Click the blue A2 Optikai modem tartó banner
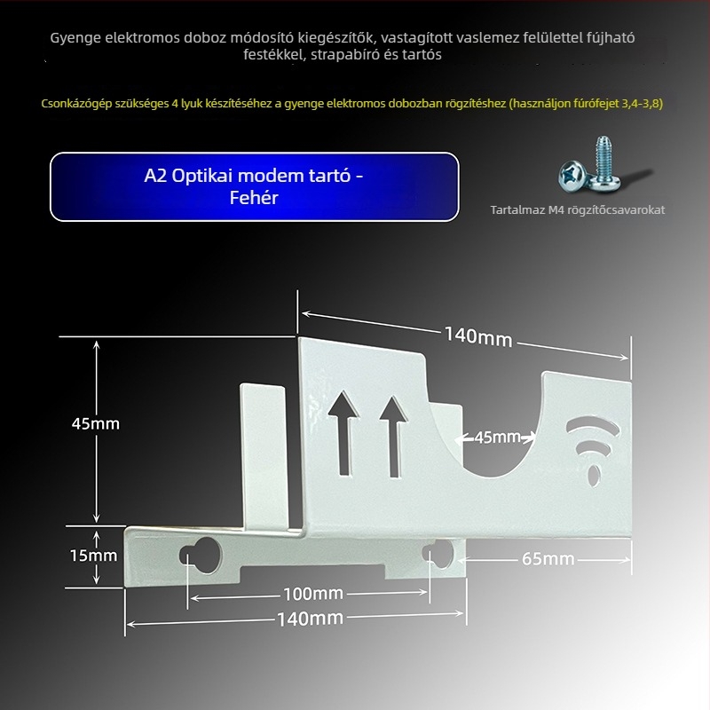click(254, 186)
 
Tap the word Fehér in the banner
click(254, 198)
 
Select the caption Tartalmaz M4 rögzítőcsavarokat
click(577, 210)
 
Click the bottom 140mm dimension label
click(310, 619)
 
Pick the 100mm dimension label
click(312, 593)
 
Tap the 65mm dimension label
click(547, 558)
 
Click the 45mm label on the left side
click(95, 423)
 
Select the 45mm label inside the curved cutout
click(497, 437)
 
